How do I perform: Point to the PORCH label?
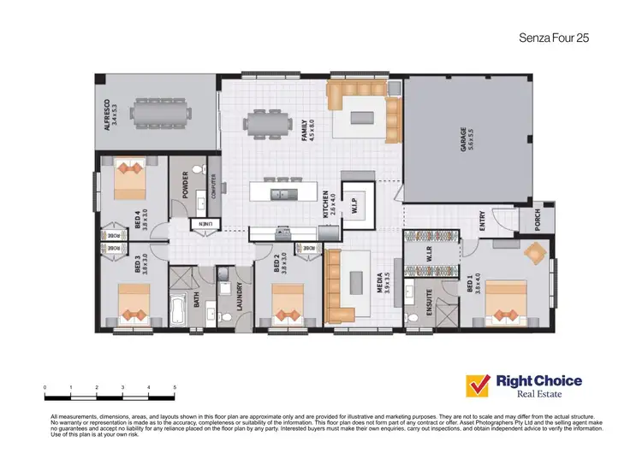[x=537, y=220]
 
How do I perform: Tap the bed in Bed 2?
[x=287, y=303]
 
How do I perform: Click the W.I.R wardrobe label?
[x=429, y=254]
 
